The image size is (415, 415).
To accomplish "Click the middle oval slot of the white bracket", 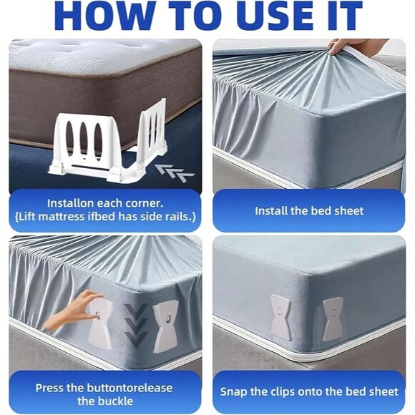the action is click(84, 139).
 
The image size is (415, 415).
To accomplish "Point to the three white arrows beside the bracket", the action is click(175, 173).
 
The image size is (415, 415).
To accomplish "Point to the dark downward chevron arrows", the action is click(136, 326).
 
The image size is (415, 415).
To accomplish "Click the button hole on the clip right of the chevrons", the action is click(168, 317).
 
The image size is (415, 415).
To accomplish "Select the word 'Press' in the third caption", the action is click(50, 388).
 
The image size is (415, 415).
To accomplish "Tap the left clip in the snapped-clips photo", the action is click(280, 318).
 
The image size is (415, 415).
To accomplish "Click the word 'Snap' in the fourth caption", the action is click(234, 392).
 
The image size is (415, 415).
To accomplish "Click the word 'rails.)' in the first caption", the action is click(181, 217).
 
